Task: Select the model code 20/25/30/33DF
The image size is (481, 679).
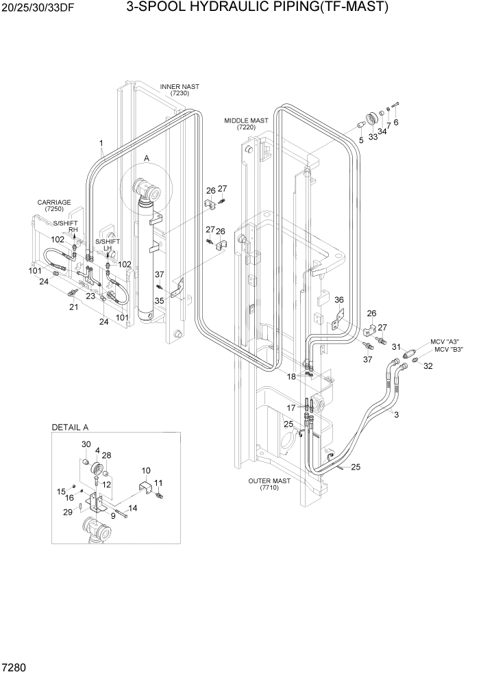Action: tap(36, 8)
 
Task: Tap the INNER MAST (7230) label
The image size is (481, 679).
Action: tap(180, 90)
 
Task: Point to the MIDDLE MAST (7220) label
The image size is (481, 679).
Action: tap(246, 123)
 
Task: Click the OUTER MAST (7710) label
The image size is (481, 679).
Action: tap(271, 484)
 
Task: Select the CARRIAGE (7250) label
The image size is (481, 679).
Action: tap(54, 205)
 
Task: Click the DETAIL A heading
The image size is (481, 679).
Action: tap(71, 427)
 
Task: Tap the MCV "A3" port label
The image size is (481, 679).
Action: tap(445, 342)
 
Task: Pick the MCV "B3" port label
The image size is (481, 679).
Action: tap(449, 350)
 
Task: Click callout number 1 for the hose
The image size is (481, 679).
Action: tap(101, 144)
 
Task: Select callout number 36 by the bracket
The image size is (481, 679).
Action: tap(338, 299)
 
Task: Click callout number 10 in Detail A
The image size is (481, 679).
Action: tap(146, 471)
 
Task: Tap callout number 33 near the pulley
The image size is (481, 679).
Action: tap(373, 136)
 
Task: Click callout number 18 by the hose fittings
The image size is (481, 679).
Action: tap(291, 376)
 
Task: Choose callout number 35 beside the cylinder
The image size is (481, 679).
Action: tap(158, 300)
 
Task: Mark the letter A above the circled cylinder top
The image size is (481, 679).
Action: tap(146, 158)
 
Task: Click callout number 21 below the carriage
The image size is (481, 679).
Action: tap(74, 307)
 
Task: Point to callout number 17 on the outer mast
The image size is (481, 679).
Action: tap(291, 407)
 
